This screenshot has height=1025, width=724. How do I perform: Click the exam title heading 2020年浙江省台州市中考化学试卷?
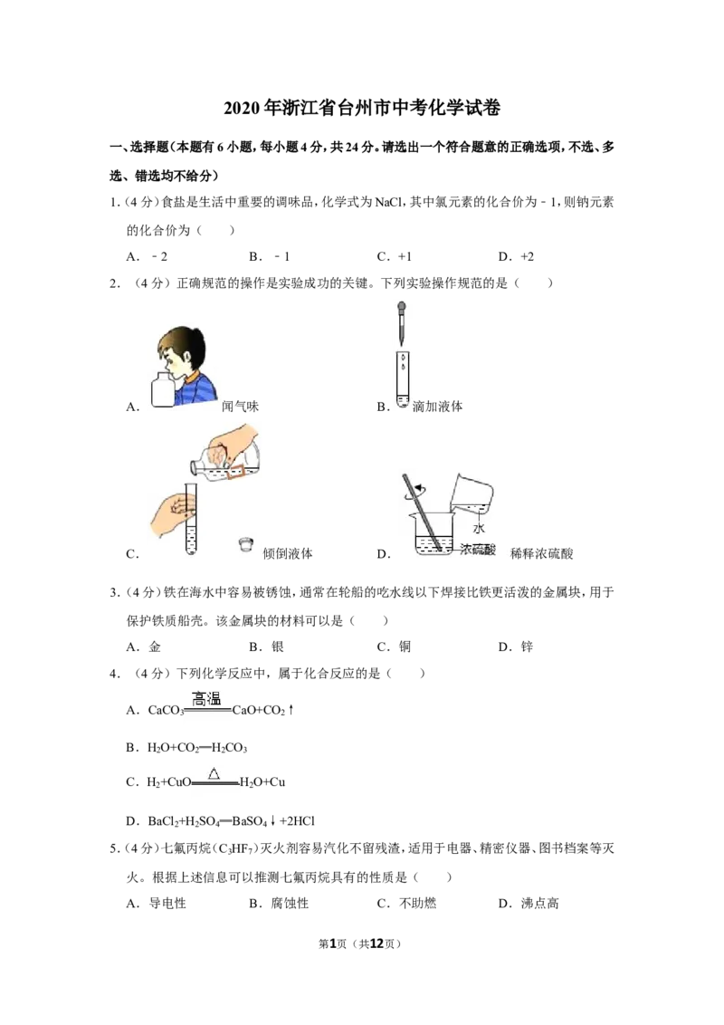point(362,108)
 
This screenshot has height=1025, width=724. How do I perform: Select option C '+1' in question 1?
point(395,256)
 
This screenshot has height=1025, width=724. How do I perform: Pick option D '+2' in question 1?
point(516,256)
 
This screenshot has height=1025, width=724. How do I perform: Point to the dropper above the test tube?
point(402,323)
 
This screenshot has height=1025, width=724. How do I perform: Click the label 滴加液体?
point(437,407)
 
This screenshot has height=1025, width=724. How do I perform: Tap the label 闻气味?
point(240,407)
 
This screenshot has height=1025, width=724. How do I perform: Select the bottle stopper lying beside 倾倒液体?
point(245,544)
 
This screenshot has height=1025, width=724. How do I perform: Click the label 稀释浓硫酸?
point(541,553)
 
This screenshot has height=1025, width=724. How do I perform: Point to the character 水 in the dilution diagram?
point(479,528)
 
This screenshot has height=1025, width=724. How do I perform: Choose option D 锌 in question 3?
point(516,647)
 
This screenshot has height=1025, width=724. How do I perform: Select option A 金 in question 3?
point(144,647)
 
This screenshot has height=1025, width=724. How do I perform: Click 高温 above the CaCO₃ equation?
point(206,699)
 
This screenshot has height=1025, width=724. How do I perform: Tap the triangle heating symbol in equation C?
point(214,774)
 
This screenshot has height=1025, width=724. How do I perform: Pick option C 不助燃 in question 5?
point(406,904)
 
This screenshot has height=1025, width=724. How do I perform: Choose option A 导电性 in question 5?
point(157,904)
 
